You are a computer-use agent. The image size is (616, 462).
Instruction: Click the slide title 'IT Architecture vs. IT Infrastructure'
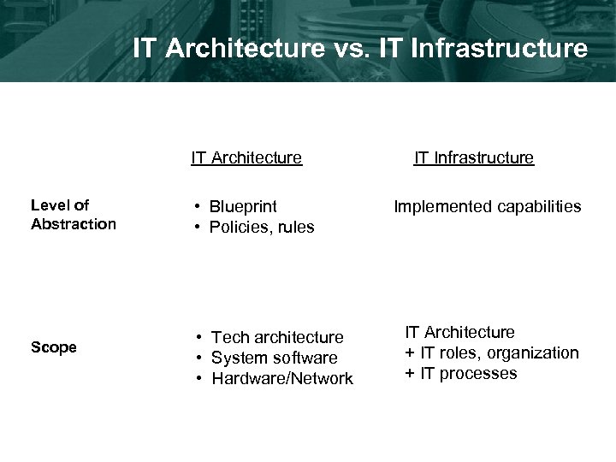(x=360, y=48)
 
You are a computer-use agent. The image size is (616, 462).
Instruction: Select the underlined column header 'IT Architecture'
(x=246, y=157)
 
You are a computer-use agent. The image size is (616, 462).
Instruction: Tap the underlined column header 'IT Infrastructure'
(x=474, y=157)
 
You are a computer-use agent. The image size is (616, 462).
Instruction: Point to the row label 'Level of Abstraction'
(x=73, y=215)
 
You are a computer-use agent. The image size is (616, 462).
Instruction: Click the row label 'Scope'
(x=54, y=347)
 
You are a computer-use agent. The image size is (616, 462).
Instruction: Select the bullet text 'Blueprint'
(x=243, y=207)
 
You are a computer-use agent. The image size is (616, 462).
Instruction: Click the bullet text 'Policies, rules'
(x=262, y=228)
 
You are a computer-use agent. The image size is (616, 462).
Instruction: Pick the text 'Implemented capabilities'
(x=487, y=207)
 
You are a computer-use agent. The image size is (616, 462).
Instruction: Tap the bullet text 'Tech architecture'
(x=277, y=338)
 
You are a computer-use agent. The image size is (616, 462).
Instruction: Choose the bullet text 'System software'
(x=274, y=358)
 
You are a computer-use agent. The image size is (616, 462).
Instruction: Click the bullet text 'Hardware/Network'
(x=282, y=379)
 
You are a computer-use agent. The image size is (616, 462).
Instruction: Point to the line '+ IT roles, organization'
(x=492, y=353)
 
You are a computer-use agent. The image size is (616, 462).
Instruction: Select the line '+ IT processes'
(x=461, y=374)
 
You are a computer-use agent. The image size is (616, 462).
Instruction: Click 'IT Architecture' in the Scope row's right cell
(x=460, y=333)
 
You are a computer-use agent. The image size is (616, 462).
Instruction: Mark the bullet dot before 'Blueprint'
(x=198, y=207)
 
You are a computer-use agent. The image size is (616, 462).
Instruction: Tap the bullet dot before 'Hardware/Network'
(x=198, y=379)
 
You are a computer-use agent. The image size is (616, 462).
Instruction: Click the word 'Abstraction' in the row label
(x=73, y=224)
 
